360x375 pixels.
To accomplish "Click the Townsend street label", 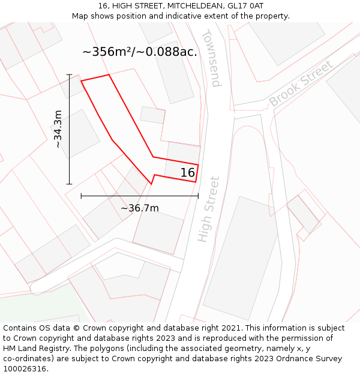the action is [211, 58].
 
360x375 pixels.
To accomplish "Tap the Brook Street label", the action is [301, 83].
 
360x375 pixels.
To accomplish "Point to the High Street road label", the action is [208, 209].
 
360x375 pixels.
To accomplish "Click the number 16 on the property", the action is [188, 173].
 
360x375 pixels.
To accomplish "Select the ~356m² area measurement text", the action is [112, 52].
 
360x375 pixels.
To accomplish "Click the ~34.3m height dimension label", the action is [58, 129].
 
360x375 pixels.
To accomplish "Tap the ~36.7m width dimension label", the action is [140, 208].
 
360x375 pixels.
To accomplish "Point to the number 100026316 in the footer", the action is [25, 369].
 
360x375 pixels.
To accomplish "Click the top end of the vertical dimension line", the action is [70, 75].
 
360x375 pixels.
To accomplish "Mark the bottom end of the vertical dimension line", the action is [70, 184].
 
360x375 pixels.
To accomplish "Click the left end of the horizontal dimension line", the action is [81, 196].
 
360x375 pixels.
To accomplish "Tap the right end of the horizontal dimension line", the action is [198, 196].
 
